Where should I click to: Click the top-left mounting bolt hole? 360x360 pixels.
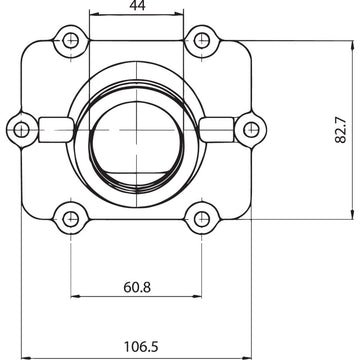click(x=70, y=41)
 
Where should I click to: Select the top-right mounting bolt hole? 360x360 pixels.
click(x=202, y=41)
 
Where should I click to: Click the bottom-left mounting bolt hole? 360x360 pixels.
click(x=70, y=217)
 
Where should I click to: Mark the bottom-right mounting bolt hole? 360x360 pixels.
click(x=202, y=217)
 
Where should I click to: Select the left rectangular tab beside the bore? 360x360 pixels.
click(x=56, y=127)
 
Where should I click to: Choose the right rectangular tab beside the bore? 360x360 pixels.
click(x=215, y=127)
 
